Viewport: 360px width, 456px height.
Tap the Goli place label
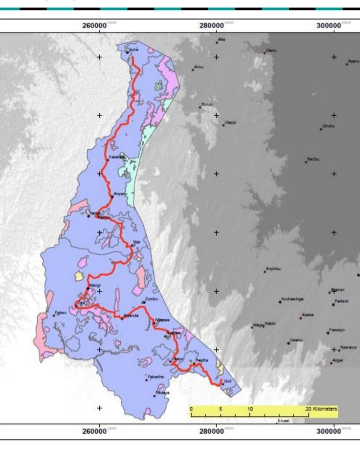227,381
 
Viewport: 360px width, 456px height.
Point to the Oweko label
296,340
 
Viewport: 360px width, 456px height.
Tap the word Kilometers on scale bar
325,408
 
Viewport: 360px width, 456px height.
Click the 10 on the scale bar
250,408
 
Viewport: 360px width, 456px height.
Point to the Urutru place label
328,126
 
